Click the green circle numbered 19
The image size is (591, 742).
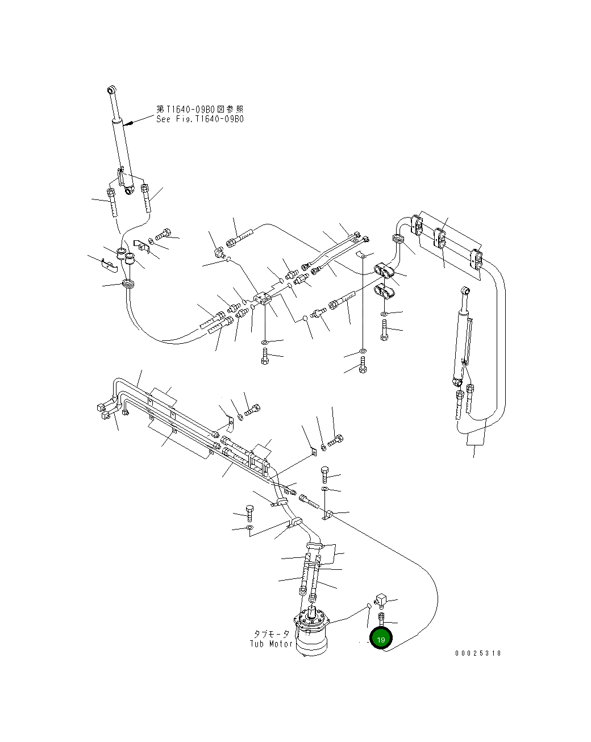(381, 639)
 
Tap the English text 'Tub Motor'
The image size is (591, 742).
(271, 644)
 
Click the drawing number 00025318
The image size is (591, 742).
(478, 653)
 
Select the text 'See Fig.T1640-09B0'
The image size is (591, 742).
(200, 119)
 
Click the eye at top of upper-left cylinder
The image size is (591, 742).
(112, 90)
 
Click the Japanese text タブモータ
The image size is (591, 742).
(272, 633)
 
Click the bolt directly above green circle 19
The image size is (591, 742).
(381, 619)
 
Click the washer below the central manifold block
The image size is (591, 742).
(265, 342)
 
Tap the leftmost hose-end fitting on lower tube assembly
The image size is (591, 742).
(101, 406)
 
